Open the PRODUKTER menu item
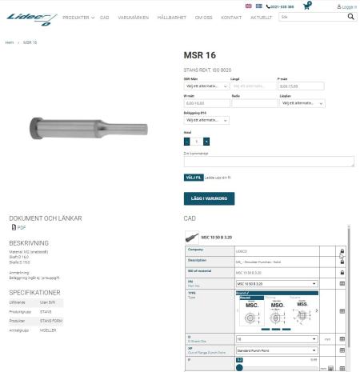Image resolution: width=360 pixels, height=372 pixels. [x=78, y=17]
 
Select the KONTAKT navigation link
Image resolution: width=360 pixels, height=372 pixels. [x=231, y=17]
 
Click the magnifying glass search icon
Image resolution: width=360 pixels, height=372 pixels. [x=350, y=16]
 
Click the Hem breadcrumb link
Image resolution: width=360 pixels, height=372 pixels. [x=9, y=42]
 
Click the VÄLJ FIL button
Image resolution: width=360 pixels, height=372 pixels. [x=193, y=177]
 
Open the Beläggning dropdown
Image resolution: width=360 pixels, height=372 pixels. [x=206, y=120]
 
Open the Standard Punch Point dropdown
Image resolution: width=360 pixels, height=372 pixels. [x=276, y=350]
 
